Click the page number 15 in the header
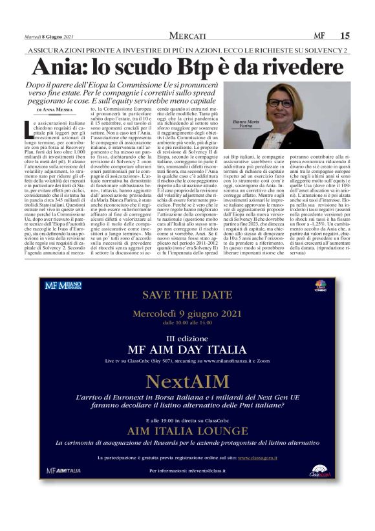[x=345, y=35]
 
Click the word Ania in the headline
[x=59, y=67]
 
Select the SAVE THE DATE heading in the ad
[x=187, y=295]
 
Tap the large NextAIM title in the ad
[x=187, y=378]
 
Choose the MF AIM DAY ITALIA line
[x=187, y=350]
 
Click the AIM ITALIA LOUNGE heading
[x=187, y=431]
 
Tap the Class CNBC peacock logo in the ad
[x=320, y=286]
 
